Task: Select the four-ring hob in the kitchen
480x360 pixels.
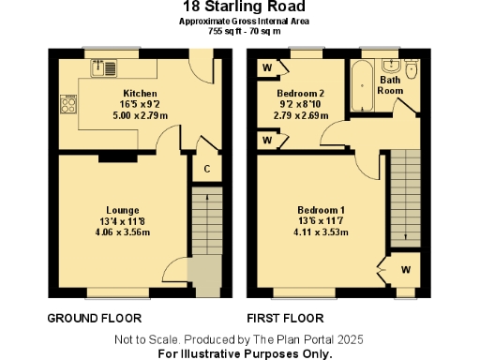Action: point(67,100)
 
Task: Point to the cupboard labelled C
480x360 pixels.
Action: point(205,169)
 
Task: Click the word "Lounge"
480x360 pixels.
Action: point(123,209)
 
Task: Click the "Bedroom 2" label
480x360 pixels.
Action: point(301,95)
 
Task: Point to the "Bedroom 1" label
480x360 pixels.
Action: point(321,209)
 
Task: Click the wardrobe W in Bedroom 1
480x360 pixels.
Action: point(405,270)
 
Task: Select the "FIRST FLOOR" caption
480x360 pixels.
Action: point(285,317)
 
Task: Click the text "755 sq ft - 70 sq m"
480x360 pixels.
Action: point(240,30)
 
